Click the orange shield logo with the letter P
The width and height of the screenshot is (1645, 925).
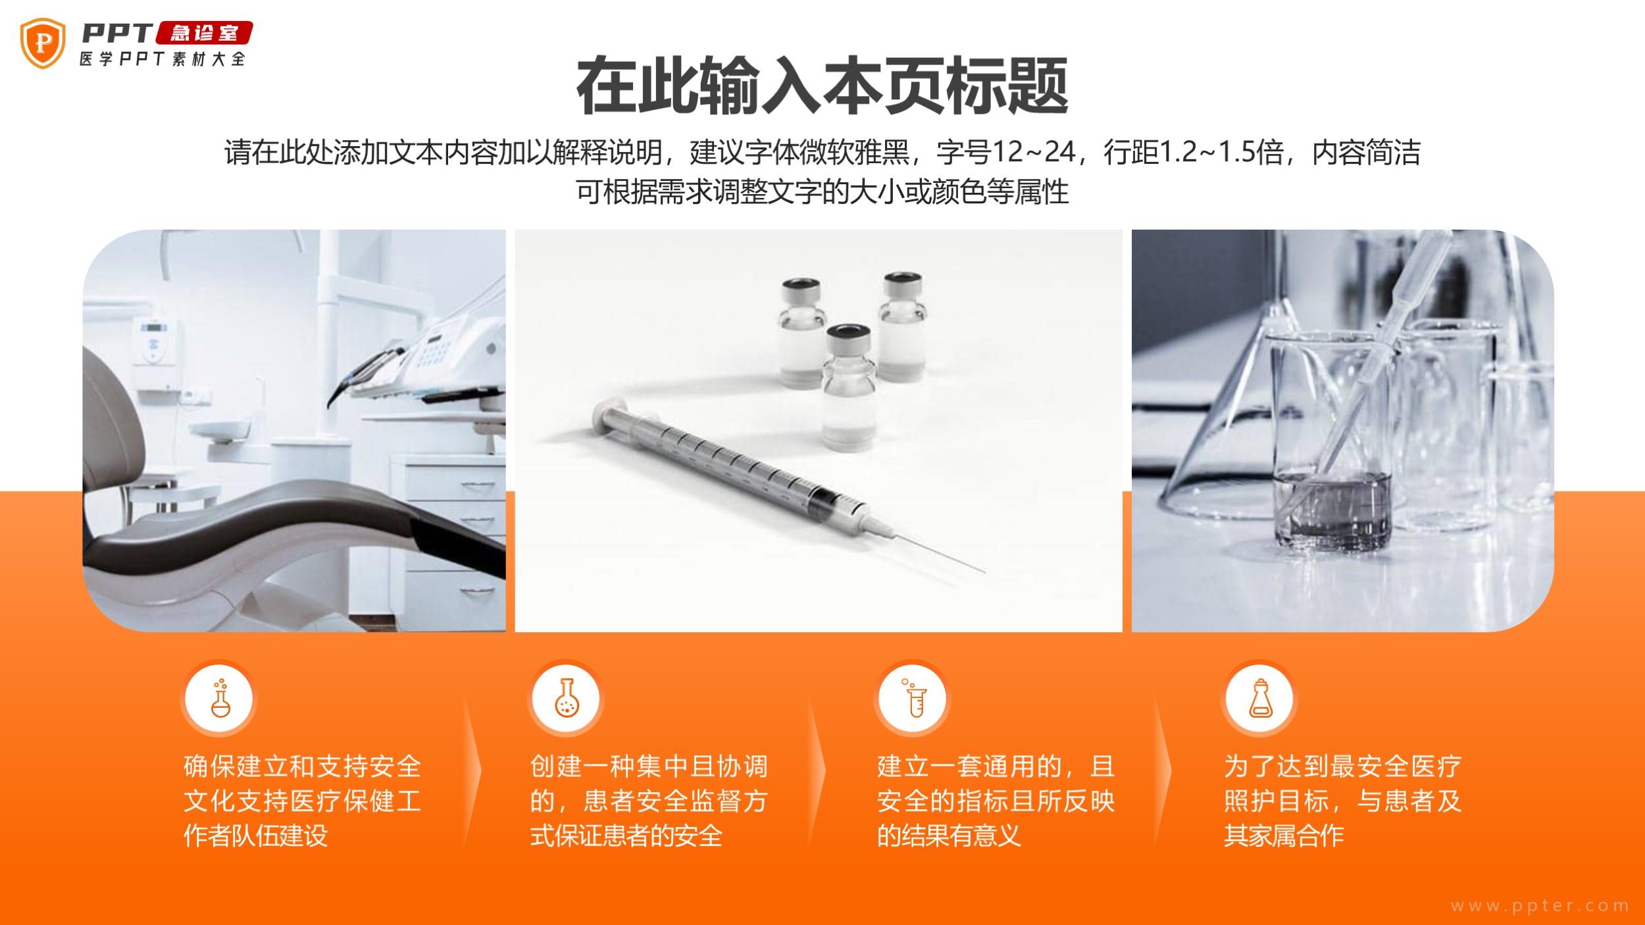[43, 43]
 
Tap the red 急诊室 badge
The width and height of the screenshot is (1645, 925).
[204, 34]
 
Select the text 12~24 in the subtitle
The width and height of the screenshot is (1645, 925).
[1033, 153]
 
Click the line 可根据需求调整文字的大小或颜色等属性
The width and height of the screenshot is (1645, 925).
[822, 191]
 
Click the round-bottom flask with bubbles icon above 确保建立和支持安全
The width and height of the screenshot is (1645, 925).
[219, 698]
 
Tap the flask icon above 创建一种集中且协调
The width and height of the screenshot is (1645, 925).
[566, 698]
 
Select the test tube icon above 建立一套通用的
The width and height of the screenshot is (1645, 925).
[912, 698]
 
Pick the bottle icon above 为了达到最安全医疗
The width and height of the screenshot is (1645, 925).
[1260, 698]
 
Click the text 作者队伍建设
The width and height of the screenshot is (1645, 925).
[255, 836]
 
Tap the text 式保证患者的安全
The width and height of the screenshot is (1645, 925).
[626, 836]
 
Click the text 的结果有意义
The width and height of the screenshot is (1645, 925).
[949, 836]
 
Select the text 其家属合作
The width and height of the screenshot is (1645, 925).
[1284, 836]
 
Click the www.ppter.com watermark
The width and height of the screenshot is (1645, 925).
[1539, 905]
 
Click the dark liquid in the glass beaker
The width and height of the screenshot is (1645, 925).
[1332, 507]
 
